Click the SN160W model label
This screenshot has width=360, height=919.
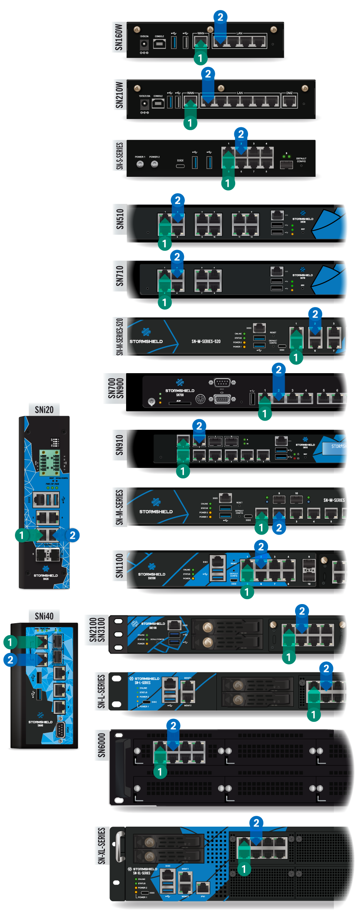119,37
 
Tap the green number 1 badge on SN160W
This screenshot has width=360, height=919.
200,58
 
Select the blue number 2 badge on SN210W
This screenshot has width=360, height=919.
208,74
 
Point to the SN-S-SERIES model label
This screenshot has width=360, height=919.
119,156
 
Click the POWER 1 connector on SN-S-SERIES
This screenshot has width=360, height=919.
140,164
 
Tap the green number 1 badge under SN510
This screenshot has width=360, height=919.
164,243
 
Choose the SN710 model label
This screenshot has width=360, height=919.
120,276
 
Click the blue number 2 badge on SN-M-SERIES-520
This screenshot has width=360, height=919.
315,314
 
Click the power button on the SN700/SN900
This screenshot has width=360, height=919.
151,401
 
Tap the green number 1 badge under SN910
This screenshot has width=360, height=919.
183,471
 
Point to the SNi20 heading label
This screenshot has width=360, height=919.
44,410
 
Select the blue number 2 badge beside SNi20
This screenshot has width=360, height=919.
72,535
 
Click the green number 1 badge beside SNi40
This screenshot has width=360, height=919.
10,642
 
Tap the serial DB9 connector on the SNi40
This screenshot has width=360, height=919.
60,729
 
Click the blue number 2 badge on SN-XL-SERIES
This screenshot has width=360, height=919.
256,822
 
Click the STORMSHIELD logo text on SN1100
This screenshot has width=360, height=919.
151,574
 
